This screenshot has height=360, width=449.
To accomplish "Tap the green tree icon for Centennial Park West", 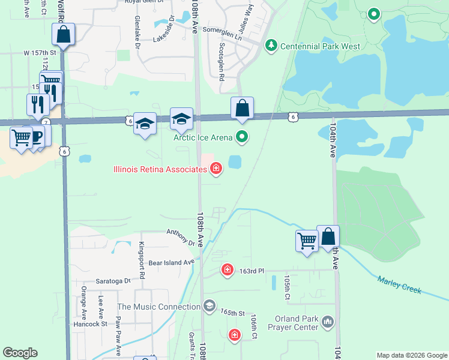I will [x=271, y=45].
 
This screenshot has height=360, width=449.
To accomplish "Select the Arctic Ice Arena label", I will [x=203, y=137].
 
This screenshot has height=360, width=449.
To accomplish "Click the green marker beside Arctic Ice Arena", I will [x=242, y=137].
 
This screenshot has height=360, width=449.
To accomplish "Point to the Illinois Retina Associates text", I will [x=160, y=169].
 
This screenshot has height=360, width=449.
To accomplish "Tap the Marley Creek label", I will [x=399, y=285].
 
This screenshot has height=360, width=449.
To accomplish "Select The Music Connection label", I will [x=159, y=307].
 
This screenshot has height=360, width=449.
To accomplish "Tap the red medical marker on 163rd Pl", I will [x=227, y=270].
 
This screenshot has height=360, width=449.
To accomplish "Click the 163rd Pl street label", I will [x=252, y=271].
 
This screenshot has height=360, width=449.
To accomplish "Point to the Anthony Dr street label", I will [x=181, y=236].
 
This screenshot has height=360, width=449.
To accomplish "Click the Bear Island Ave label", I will [x=172, y=262].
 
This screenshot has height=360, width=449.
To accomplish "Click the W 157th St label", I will [x=40, y=53].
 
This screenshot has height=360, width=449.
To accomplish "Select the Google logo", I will [x=20, y=353].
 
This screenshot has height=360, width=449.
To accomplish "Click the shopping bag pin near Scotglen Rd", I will [x=242, y=109].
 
